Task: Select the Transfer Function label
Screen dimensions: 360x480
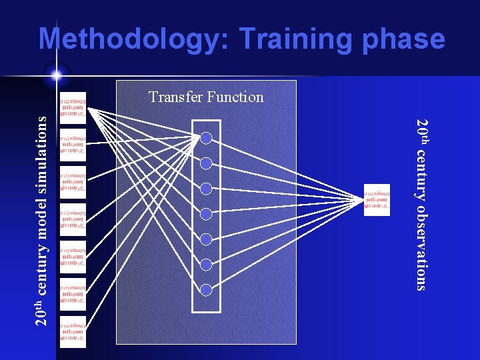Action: [x=206, y=97]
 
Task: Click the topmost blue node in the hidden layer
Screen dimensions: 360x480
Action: [x=206, y=138]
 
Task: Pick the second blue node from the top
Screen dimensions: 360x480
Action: [x=206, y=163]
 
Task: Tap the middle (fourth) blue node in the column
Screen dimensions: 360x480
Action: [x=206, y=214]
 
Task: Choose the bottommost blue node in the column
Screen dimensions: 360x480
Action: [x=206, y=290]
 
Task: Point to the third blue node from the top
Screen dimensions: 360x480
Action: [x=206, y=189]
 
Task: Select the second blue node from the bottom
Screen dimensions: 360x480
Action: [x=206, y=265]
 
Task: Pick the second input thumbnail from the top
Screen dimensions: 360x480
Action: [x=73, y=145]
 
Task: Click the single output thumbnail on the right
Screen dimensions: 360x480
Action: [x=377, y=199]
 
